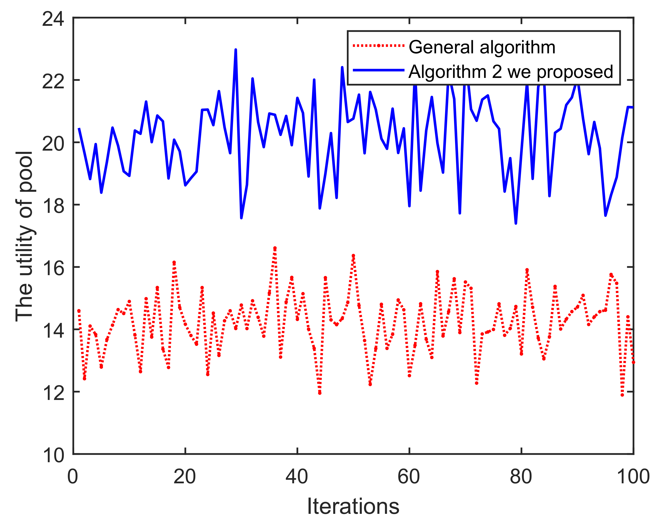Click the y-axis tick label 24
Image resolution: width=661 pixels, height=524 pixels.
coord(53,19)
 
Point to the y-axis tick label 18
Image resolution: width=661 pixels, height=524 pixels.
coord(53,206)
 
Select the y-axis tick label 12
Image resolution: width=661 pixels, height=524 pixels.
coord(53,393)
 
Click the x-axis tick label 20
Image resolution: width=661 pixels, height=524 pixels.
coord(185,477)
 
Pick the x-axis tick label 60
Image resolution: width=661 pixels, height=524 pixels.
coord(409,477)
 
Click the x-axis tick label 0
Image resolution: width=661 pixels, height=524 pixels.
coord(73,477)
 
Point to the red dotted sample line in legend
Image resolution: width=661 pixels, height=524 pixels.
coord(379,46)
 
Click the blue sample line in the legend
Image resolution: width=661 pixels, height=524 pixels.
coord(379,70)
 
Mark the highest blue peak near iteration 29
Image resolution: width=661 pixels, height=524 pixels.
coord(235,50)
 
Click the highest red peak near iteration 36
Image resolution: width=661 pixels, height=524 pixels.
coord(275,248)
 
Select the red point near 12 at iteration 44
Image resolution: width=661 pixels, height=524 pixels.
coord(320,393)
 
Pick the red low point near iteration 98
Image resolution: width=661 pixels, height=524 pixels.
coord(622,395)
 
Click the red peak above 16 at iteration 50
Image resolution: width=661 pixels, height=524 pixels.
coord(353,255)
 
